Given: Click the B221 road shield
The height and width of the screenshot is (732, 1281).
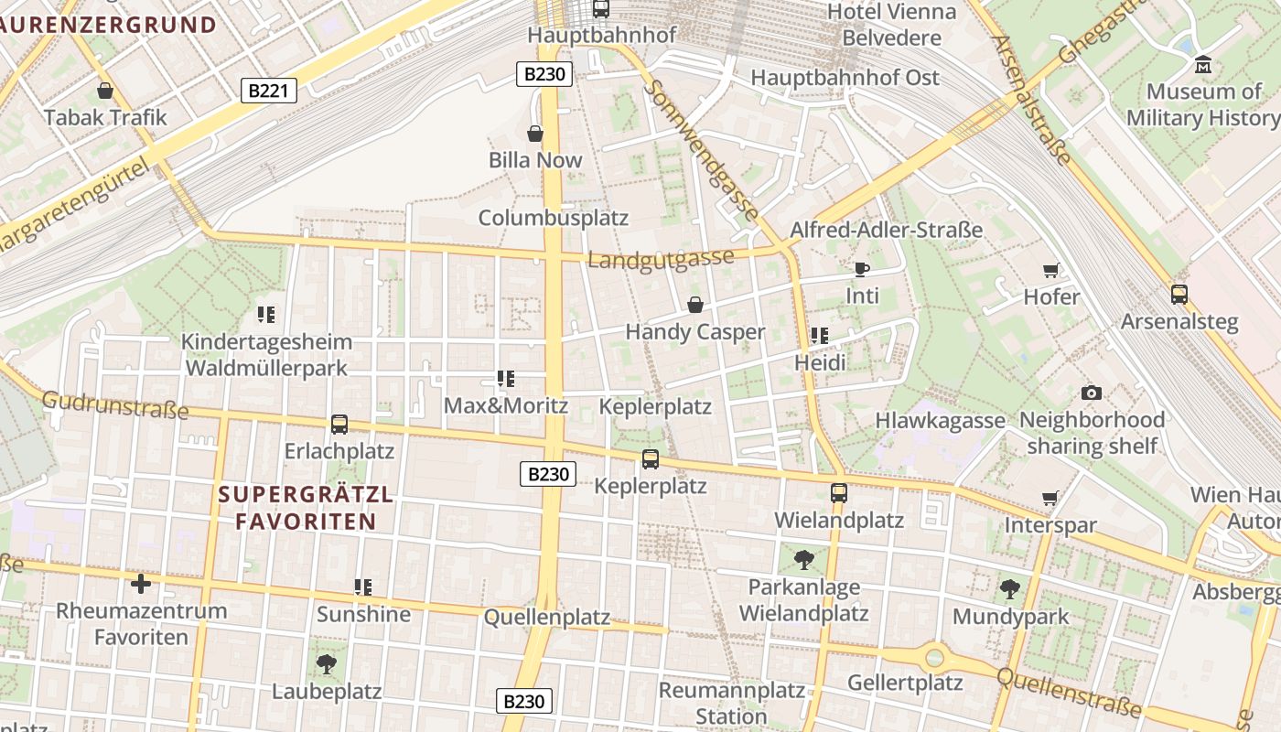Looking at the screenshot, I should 269,90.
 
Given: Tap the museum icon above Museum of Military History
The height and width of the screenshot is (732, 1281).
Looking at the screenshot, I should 1203,65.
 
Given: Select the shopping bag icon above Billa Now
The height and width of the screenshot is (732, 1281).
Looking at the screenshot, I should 535,134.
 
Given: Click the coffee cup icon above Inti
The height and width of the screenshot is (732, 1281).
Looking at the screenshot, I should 861,269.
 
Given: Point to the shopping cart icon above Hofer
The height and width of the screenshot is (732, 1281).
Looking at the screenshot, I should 1050,270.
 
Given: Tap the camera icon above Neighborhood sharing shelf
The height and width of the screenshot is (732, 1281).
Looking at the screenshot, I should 1091,393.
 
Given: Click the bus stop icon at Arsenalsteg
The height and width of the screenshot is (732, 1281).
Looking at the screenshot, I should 1179,295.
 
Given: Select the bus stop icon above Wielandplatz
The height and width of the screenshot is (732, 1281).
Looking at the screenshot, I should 838,493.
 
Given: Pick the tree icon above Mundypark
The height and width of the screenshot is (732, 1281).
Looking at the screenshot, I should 1009,588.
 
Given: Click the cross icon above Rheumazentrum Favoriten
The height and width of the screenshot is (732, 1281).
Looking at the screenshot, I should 141,583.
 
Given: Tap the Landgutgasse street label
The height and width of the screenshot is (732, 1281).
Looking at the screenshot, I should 660,259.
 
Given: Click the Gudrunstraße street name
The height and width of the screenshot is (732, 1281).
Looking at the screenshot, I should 115,405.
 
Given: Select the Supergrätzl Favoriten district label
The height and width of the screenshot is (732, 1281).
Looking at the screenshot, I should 307,508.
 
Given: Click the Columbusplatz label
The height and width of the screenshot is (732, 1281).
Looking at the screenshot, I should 554,218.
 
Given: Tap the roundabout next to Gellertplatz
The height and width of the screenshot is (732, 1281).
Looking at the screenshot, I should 933,656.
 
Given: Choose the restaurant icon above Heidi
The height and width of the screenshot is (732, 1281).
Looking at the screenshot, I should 819,336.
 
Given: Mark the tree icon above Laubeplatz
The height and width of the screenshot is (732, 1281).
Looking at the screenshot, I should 326,663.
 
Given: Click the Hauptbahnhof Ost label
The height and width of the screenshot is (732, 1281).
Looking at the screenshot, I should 845,78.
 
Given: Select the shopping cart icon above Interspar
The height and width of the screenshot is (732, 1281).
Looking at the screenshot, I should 1050,499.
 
